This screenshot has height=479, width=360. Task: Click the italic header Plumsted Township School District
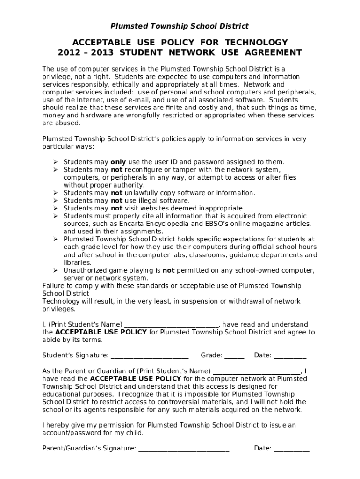tap(180, 26)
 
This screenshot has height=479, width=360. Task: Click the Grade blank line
tap(234, 356)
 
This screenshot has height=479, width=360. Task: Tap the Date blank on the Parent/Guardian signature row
tap(291, 449)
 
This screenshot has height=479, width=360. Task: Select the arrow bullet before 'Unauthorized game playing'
tap(55, 270)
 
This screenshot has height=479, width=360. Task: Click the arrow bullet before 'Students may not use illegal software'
tap(55, 201)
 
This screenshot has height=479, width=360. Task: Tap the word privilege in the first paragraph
tap(58, 77)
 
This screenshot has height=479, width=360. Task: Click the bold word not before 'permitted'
tap(168, 270)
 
